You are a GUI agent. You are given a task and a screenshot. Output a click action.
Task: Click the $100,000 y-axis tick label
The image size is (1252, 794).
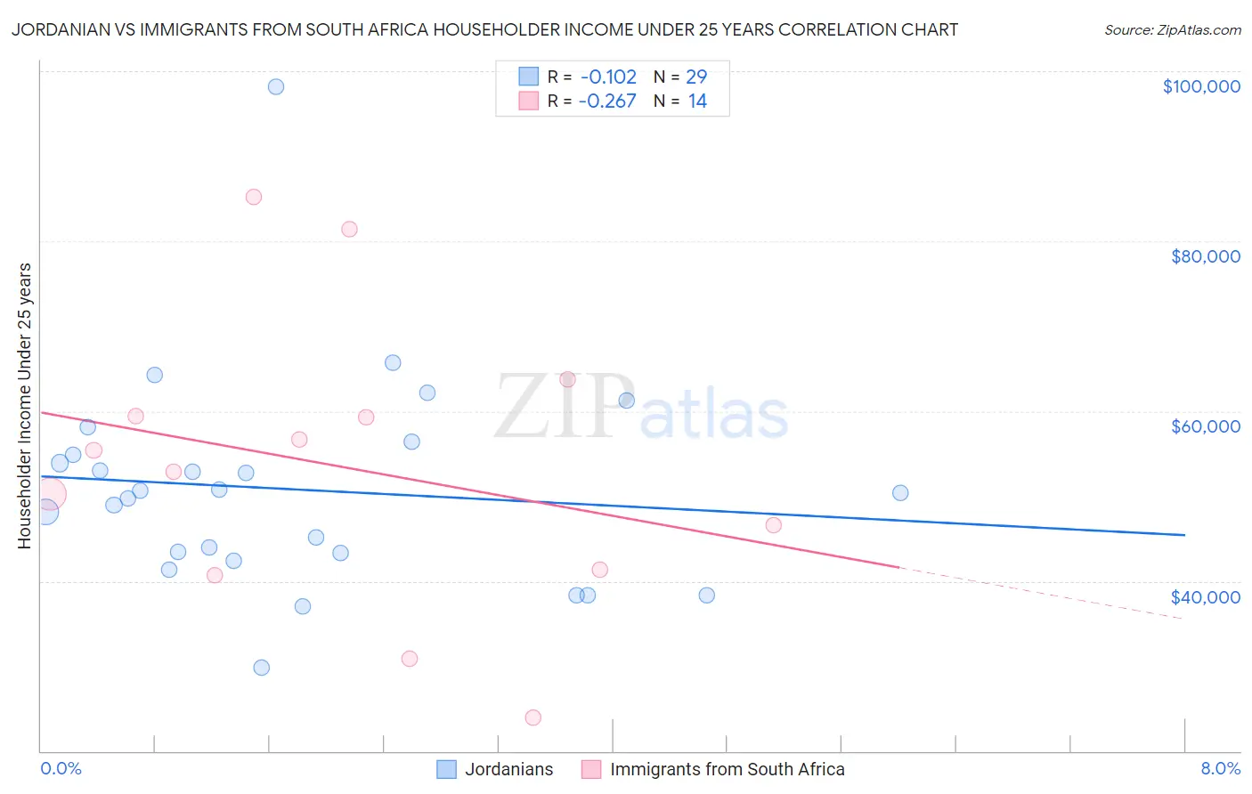1200,86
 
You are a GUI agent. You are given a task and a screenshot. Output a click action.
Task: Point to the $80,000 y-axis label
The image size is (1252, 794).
1205,256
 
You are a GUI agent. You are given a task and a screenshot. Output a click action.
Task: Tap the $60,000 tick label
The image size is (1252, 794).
1205,426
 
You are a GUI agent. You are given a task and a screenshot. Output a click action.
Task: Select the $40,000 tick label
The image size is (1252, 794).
1205,597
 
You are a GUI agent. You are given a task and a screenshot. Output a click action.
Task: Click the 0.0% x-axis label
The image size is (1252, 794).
61,768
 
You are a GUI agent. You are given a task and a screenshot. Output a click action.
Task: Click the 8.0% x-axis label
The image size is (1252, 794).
1220,768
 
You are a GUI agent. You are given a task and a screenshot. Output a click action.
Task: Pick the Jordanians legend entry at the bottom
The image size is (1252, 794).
495,769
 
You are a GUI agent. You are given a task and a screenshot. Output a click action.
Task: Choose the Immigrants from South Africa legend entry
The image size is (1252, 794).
713,769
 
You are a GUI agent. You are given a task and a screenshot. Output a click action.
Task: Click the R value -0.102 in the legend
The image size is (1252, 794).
608,77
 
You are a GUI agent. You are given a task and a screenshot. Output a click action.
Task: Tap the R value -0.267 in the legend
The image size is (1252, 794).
607,101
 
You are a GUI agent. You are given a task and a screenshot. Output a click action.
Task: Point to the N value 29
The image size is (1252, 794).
696,77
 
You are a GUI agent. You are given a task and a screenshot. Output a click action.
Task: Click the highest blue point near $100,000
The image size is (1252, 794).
276,86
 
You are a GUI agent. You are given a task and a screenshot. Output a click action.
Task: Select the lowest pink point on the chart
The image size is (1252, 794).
533,717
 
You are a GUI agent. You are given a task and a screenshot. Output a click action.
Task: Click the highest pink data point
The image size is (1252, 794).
254,197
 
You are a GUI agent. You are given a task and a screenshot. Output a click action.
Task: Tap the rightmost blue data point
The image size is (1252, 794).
900,493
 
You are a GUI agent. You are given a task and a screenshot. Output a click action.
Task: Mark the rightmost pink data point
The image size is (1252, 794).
774,525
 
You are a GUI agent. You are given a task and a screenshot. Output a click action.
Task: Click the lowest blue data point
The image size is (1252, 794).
261,668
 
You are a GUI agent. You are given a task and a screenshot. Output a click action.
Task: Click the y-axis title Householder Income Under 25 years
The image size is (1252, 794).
24,405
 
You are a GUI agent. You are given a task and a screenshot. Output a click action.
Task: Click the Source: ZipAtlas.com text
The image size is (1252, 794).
1172,30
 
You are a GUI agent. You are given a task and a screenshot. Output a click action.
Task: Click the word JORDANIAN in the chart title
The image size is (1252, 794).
61,29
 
